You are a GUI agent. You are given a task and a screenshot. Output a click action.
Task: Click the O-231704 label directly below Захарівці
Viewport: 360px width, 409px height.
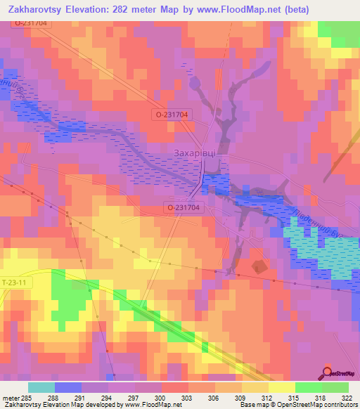[x=184, y=207]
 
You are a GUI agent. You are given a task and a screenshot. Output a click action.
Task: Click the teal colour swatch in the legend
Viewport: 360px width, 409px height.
[x=41, y=387]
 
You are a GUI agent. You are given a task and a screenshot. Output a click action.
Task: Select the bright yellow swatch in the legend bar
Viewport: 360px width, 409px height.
[x=281, y=387]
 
